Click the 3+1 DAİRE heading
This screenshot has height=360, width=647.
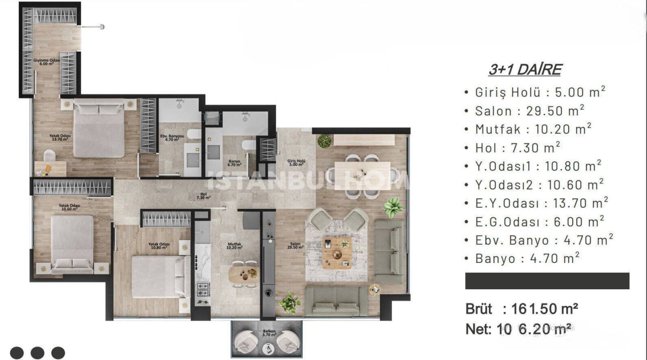point(525,70)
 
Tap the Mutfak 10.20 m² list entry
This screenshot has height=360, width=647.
point(533,129)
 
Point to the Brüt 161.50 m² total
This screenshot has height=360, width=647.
point(522,308)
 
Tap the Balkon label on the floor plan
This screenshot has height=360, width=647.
point(268,333)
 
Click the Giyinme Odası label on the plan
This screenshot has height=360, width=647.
point(47,62)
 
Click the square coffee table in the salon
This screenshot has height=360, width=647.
point(337,252)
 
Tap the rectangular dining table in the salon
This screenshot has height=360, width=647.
point(362,175)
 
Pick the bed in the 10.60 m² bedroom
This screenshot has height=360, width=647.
point(72,244)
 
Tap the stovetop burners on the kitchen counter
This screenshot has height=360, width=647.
point(203,290)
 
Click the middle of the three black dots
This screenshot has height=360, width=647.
point(37,352)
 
